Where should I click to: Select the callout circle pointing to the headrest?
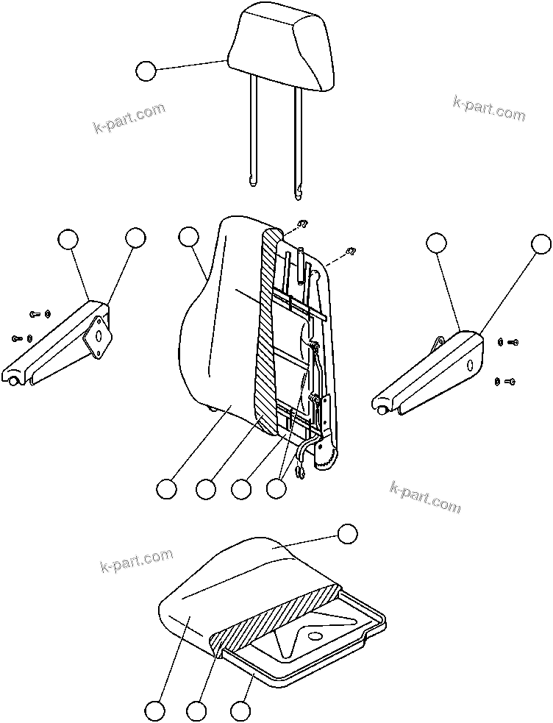pos(146,71)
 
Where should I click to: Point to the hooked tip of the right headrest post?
pos(299,193)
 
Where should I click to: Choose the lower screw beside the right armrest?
pos(510,381)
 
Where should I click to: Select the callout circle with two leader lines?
pos(276,488)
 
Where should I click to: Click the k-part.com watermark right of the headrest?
pos(489,108)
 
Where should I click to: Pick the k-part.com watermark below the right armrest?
pos(426,497)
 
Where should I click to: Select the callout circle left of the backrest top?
pos(189,237)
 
